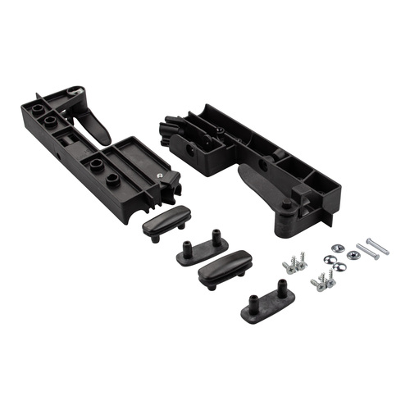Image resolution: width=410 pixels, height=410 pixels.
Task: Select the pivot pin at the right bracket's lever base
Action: tap(286, 206)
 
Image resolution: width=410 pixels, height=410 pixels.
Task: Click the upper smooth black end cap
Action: tap(166, 221)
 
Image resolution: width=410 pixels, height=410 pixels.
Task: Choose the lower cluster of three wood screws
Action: tap(323, 282)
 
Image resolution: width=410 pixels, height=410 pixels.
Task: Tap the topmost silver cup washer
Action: tap(338, 247)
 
